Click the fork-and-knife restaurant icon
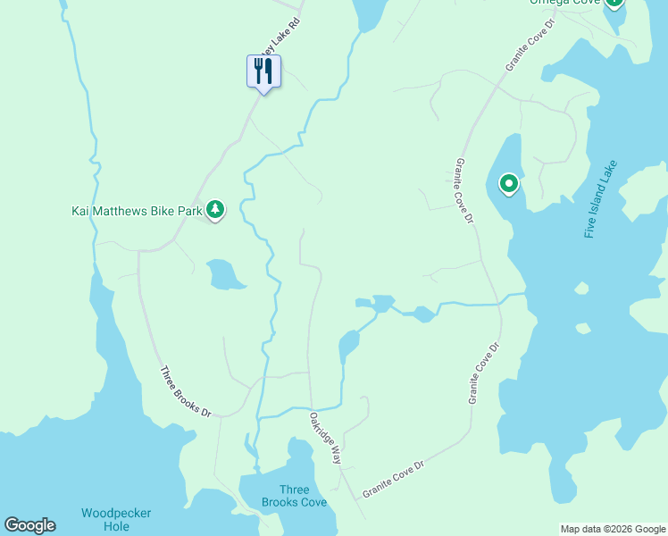[263, 71]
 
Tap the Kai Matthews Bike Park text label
[137, 212]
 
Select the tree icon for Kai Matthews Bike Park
[214, 210]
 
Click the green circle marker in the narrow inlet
[508, 185]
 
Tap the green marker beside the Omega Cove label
[614, 3]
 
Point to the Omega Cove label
[566, 3]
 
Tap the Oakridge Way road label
[326, 437]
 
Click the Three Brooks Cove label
[294, 496]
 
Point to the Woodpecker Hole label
[116, 519]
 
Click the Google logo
[29, 525]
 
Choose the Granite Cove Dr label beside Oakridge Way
[393, 480]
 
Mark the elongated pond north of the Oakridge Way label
[348, 344]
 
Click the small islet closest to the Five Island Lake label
[582, 289]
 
